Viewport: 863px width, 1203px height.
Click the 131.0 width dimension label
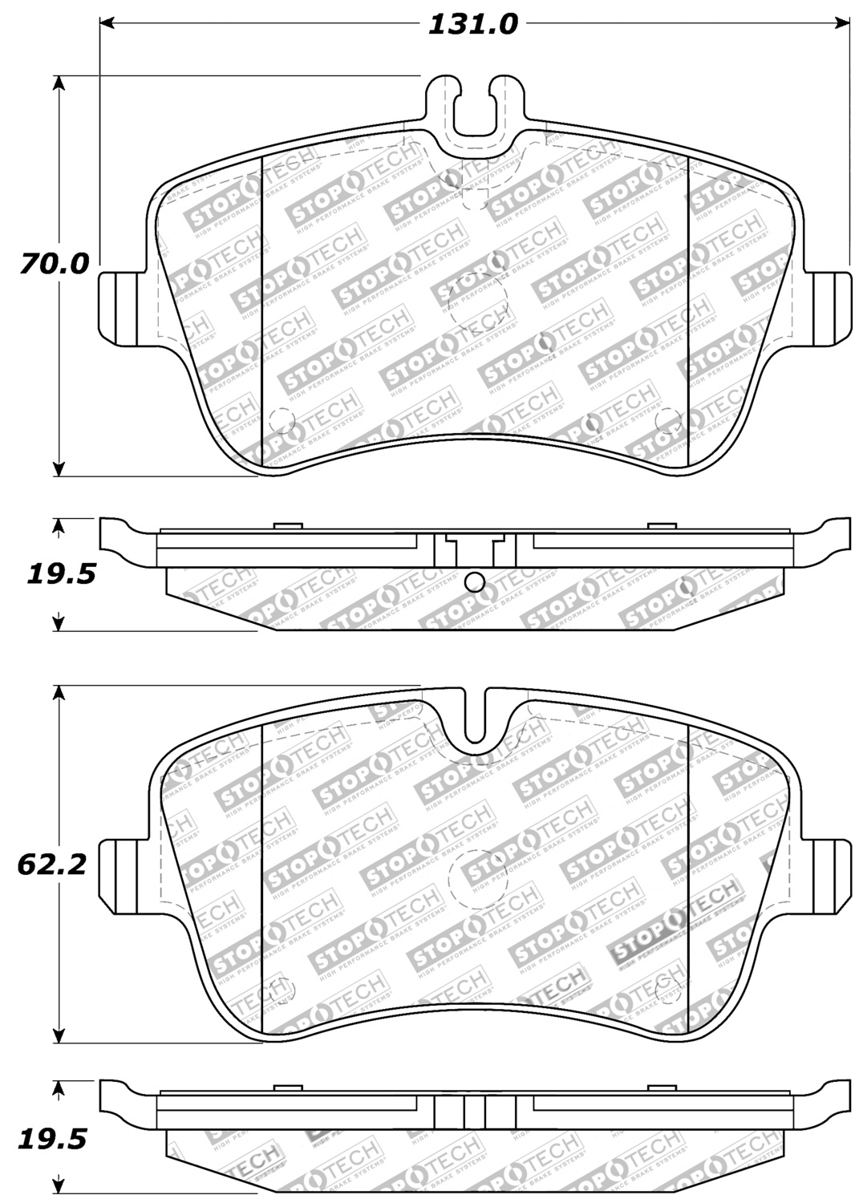(x=473, y=24)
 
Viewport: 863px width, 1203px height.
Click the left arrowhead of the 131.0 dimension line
(x=107, y=24)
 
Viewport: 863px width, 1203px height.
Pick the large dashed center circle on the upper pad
(x=478, y=304)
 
